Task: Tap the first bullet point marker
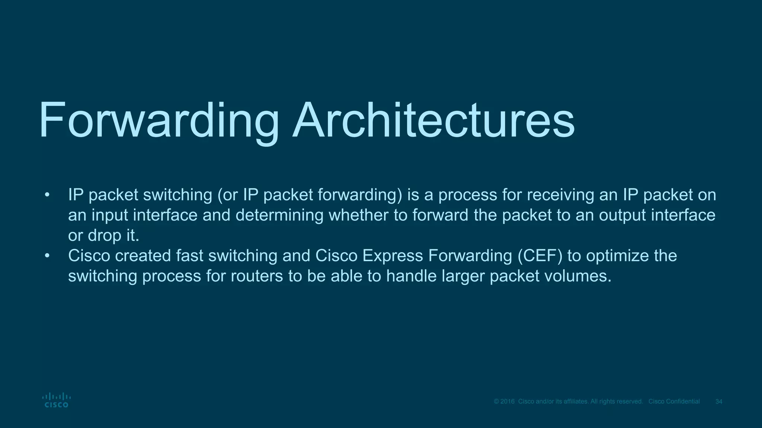click(x=47, y=195)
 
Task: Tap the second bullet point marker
click(x=47, y=256)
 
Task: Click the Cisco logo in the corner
click(x=56, y=400)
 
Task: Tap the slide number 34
click(x=719, y=402)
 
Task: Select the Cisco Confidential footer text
click(x=674, y=402)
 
